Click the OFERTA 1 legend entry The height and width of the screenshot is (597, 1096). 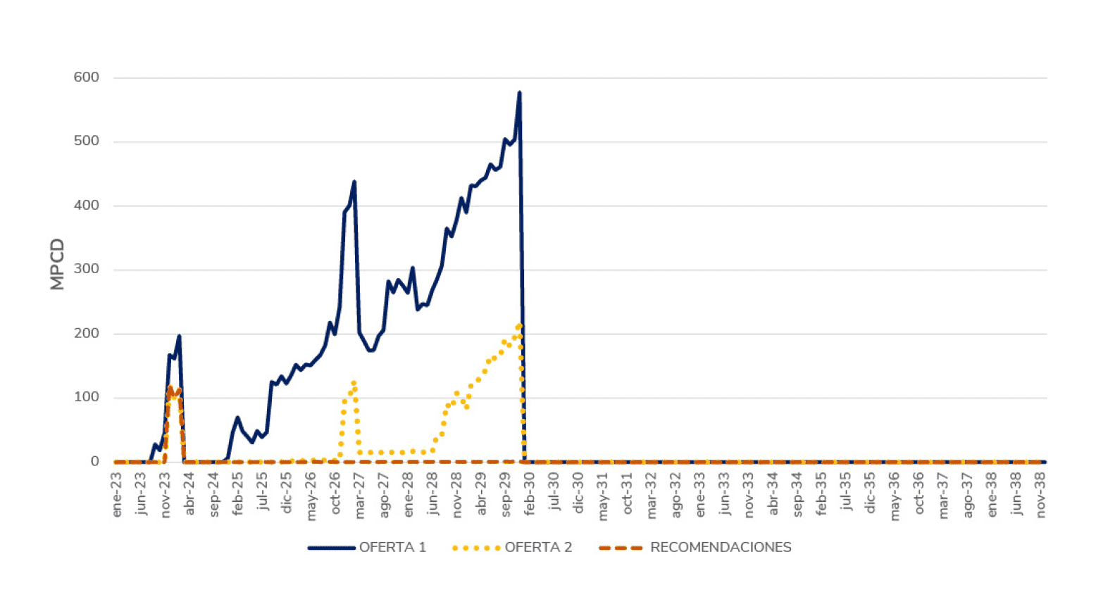(368, 547)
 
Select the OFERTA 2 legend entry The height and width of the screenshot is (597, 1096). (513, 547)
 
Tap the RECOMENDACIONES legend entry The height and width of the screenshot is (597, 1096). (695, 547)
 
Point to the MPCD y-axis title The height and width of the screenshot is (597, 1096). (57, 265)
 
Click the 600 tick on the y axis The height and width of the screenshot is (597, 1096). (87, 77)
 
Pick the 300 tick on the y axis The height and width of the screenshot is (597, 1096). (87, 269)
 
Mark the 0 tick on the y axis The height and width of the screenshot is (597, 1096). (95, 461)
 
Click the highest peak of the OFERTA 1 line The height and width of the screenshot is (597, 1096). (519, 92)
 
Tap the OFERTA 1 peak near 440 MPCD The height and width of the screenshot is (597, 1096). (354, 182)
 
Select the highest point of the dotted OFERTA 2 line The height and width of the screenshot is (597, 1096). (519, 325)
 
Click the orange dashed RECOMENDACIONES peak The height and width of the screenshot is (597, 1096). (170, 387)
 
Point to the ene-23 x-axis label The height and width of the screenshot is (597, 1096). (117, 495)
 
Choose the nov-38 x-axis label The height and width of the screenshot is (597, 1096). (1041, 495)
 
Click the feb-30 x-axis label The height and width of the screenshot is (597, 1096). (530, 495)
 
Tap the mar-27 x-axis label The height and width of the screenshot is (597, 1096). (360, 495)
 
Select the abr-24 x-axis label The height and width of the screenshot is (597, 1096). (189, 495)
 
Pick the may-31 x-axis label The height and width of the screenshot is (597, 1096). (603, 496)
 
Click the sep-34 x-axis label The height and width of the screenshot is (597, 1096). (797, 495)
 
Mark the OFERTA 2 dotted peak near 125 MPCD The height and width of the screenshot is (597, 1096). (354, 382)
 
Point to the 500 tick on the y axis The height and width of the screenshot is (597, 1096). (87, 141)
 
